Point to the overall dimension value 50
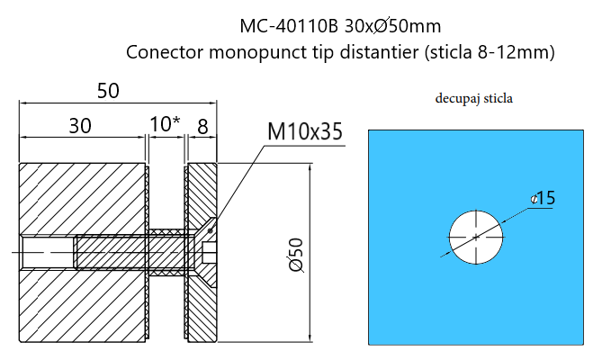tap(108, 91)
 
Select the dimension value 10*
tap(165, 124)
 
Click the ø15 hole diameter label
tap(543, 197)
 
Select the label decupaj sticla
tap(473, 97)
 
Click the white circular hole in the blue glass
tap(476, 238)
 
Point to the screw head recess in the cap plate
tap(210, 253)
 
